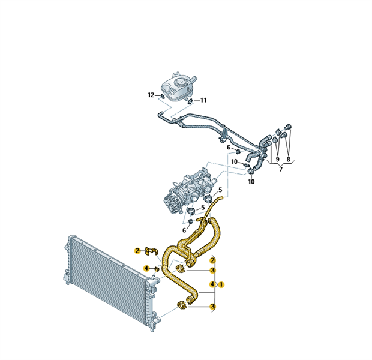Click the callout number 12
(151, 95)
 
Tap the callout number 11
(203, 100)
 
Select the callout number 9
(277, 159)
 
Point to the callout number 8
(288, 159)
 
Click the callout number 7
(281, 169)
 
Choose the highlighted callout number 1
(221, 284)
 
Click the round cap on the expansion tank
(180, 83)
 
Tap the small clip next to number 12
(162, 96)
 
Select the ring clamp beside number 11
(190, 101)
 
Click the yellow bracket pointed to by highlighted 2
(151, 251)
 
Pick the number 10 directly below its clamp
(251, 182)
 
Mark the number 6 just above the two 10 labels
(229, 148)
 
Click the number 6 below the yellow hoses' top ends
(184, 230)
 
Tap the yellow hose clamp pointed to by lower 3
(182, 305)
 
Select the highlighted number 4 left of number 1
(212, 284)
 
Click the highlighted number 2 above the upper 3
(212, 260)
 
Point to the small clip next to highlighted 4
(157, 269)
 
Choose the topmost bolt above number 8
(289, 126)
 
